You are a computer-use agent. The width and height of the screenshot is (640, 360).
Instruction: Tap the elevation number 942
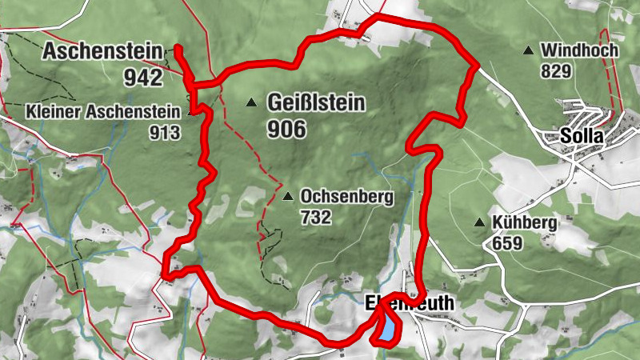(x=143, y=77)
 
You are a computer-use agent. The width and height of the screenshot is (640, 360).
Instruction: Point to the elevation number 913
(x=164, y=132)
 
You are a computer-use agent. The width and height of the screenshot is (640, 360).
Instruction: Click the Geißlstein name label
(x=317, y=103)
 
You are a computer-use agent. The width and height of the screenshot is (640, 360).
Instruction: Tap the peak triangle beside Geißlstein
(x=252, y=102)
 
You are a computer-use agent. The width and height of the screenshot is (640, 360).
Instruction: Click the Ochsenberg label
(x=346, y=196)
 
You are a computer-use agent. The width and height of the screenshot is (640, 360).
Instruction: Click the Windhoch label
(x=579, y=51)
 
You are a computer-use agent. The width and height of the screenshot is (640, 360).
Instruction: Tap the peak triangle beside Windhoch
(x=528, y=51)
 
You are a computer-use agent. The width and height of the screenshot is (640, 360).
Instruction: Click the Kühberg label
(x=524, y=222)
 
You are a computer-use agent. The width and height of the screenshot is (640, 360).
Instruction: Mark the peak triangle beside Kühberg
(x=479, y=222)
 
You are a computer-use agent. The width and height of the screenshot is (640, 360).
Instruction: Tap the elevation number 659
(x=507, y=243)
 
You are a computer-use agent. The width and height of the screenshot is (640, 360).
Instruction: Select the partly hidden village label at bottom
(x=409, y=303)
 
